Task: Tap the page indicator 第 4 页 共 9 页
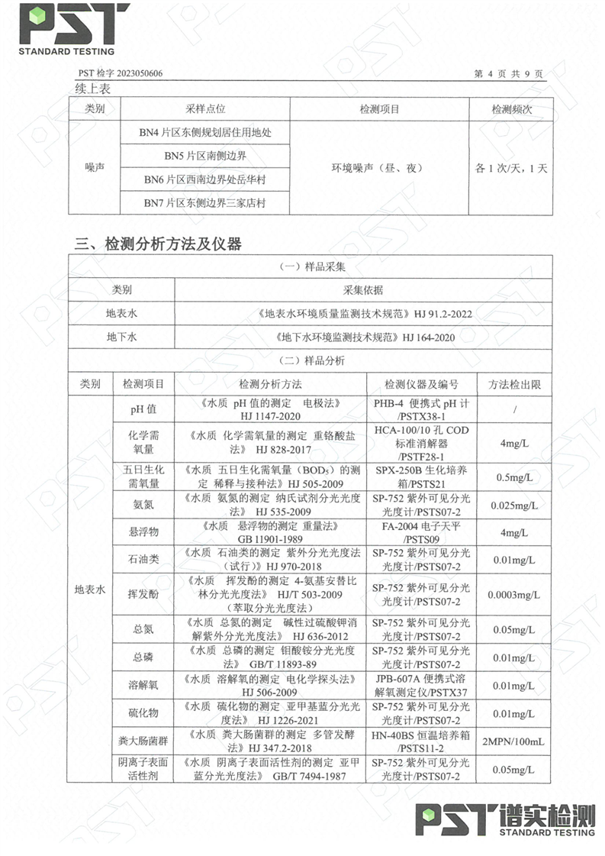(507, 74)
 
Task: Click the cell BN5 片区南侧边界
(205, 156)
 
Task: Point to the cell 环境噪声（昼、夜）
(379, 168)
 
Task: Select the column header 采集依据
(363, 290)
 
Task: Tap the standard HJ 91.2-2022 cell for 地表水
(363, 313)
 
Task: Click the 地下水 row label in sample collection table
(121, 336)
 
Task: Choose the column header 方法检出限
(515, 383)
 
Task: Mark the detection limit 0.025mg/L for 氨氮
(515, 505)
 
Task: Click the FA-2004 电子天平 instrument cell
(421, 531)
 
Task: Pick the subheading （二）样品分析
(313, 360)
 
